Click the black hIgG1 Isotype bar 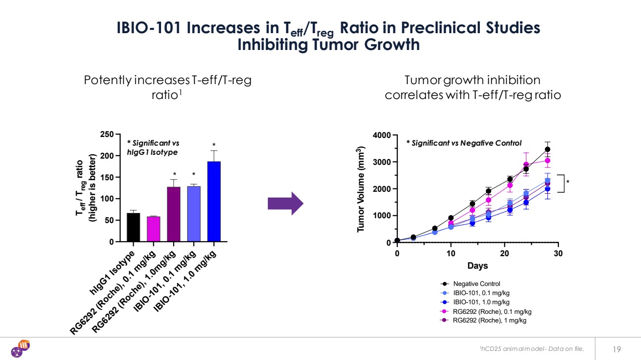pos(133,227)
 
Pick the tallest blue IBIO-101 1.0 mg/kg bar pos(214,202)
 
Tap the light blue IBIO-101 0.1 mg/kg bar pos(194,214)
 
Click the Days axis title pos(477,266)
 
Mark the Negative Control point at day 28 pos(547,149)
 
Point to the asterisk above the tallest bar pos(214,145)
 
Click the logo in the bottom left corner pos(21,348)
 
